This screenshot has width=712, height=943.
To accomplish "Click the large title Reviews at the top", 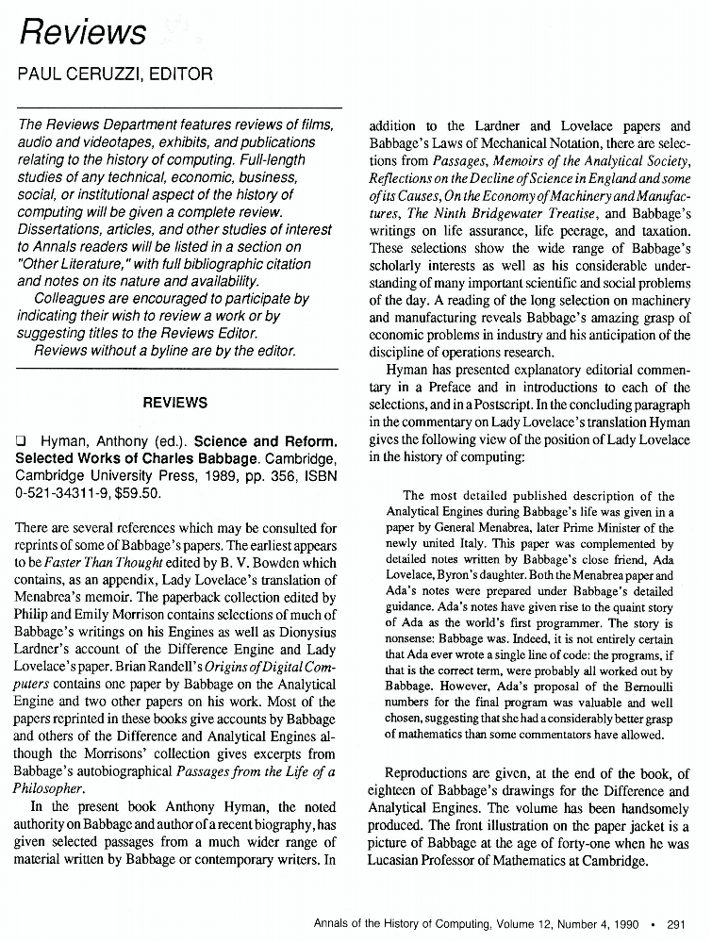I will pos(84,33).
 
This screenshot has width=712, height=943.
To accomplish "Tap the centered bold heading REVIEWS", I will pos(174,403).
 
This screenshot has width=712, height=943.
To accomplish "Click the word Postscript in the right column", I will pos(494,404).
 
